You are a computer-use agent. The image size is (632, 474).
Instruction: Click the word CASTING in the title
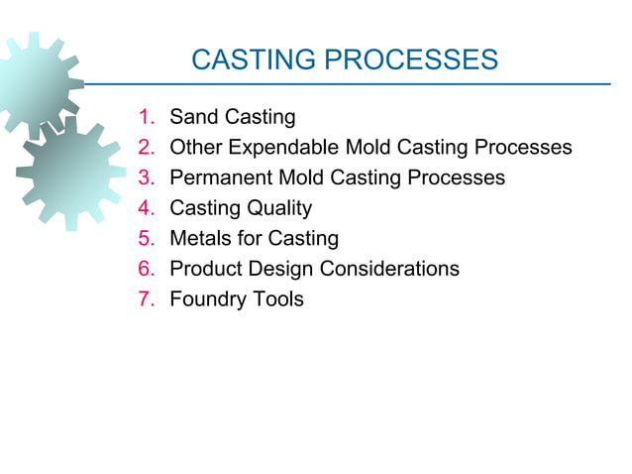click(x=253, y=61)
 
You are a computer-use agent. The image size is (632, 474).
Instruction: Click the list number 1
click(x=148, y=118)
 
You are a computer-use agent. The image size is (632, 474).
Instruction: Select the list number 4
click(x=148, y=208)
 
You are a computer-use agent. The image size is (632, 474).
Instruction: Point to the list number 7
click(x=148, y=298)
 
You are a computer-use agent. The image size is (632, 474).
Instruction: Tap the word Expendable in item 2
click(x=284, y=148)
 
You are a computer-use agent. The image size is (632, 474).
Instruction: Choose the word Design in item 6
click(x=280, y=269)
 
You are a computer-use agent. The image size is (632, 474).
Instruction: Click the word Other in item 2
click(x=195, y=148)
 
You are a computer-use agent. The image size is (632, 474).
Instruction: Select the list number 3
click(x=148, y=178)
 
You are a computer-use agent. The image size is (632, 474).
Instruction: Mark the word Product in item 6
click(x=207, y=269)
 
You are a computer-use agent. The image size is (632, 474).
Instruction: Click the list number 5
click(x=148, y=239)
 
